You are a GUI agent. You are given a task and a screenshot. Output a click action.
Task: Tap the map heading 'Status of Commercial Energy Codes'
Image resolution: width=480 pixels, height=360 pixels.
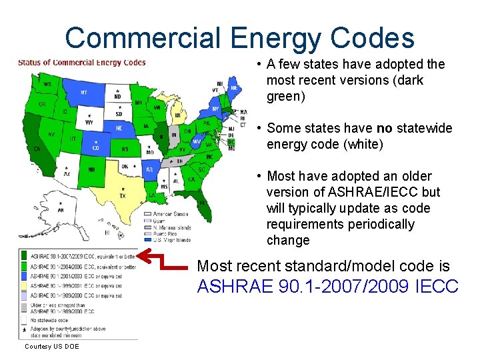81,63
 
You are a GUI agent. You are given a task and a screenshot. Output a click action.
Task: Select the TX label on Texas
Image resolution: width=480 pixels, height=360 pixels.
122,195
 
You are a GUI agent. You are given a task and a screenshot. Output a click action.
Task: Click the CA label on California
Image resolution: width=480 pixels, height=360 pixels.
37,149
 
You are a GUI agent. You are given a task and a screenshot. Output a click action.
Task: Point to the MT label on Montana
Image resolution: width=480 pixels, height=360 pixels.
83,93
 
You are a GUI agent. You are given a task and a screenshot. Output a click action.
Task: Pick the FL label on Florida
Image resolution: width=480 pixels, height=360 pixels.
201,202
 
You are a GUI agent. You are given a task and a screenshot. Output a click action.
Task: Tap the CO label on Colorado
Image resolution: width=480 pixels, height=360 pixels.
97,149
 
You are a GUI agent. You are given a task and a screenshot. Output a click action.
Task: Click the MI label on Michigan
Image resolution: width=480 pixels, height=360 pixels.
177,115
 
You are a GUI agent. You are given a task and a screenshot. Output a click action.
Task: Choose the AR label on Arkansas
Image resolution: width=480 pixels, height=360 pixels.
149,169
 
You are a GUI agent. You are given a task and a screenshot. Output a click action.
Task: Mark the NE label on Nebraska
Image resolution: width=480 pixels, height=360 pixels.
119,128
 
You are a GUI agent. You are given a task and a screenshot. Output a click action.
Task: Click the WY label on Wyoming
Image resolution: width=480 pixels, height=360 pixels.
89,122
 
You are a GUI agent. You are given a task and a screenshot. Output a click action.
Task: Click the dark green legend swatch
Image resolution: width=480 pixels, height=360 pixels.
23,255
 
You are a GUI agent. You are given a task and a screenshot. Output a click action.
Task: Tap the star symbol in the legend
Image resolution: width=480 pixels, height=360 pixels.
23,330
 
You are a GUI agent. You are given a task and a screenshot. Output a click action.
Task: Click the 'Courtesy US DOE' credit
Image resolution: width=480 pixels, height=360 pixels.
51,347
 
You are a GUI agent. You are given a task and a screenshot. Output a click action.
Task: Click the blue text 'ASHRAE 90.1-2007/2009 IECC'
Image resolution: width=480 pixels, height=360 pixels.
327,287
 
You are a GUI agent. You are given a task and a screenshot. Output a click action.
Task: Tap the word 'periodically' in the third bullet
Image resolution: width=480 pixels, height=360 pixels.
374,224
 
